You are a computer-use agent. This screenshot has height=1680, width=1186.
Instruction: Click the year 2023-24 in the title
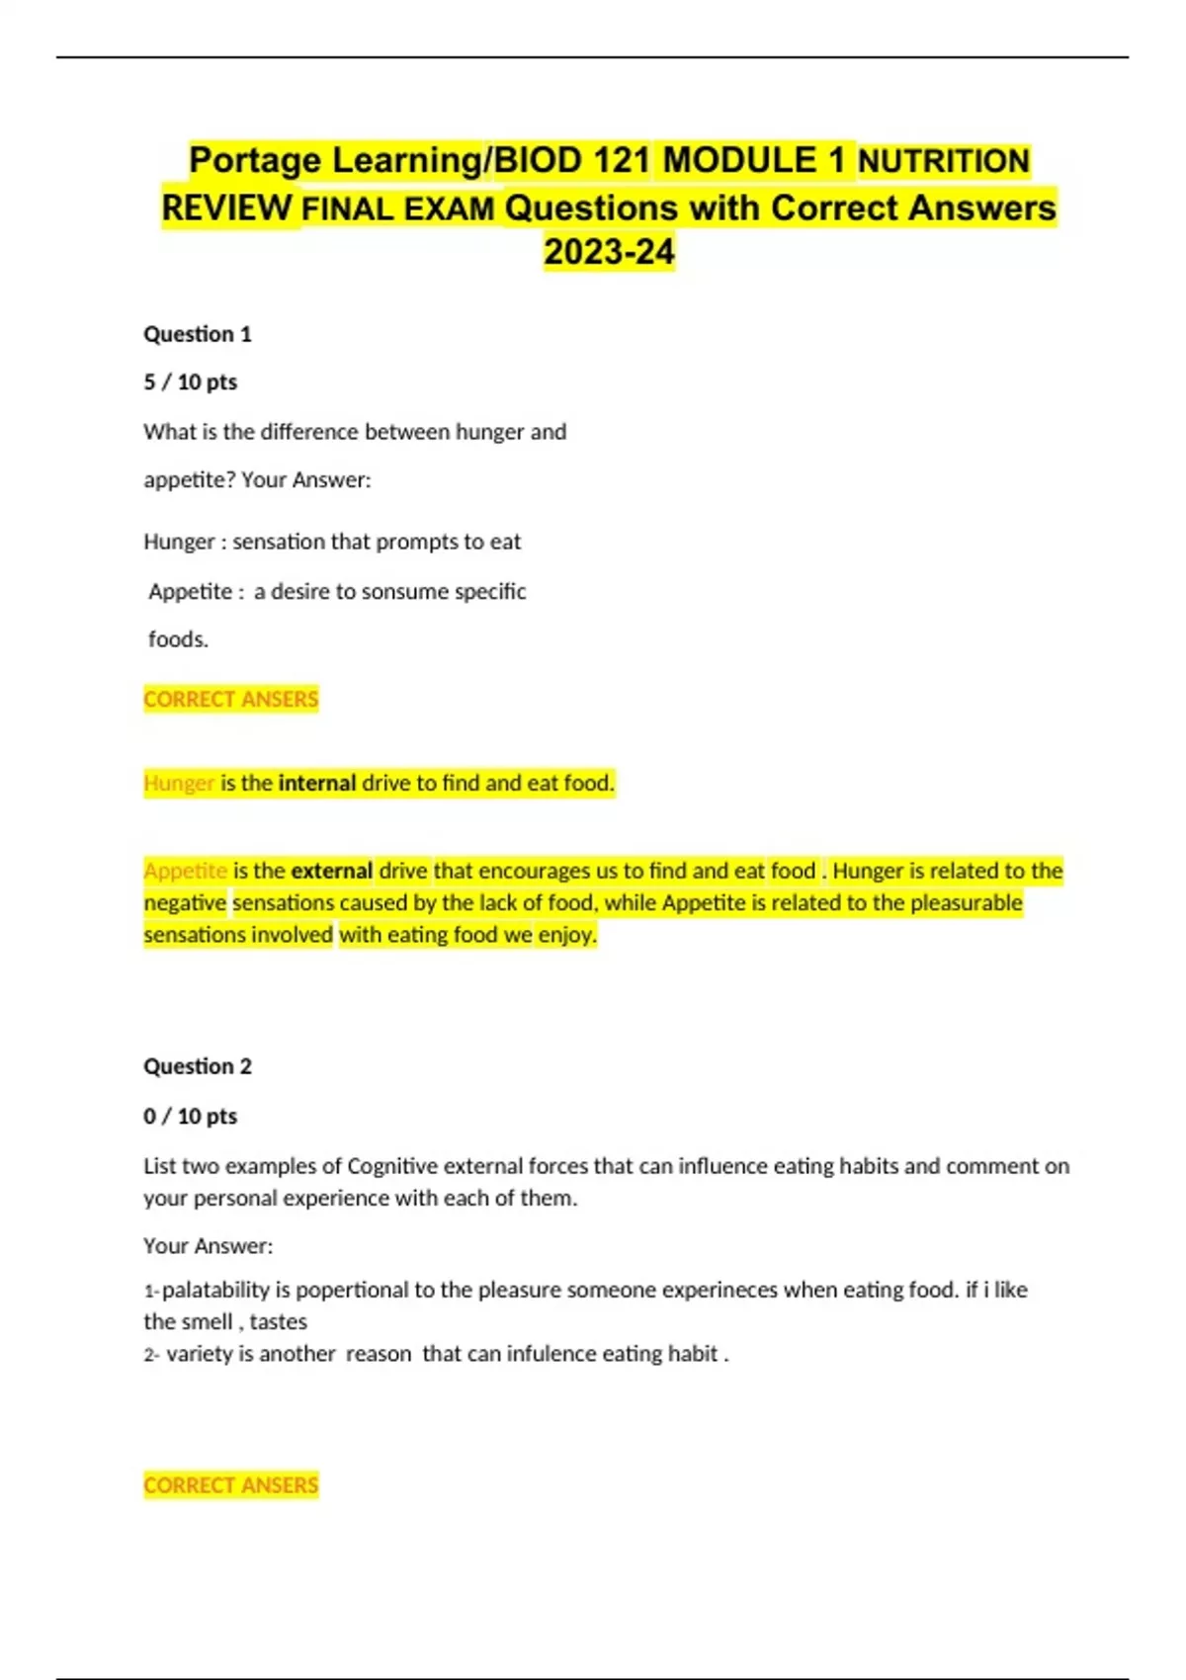[x=609, y=252]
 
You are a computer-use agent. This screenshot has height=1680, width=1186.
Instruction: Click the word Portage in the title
[x=255, y=160]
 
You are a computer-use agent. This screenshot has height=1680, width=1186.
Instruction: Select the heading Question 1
[x=198, y=334]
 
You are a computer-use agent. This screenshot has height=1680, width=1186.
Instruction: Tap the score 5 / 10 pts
[x=191, y=382]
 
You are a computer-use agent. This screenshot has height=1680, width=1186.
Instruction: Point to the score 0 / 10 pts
[x=191, y=1116]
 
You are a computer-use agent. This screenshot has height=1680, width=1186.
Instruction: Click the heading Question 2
[x=198, y=1066]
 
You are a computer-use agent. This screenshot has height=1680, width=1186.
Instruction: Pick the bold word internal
[x=317, y=784]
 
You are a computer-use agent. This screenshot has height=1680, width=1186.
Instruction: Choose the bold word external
[x=332, y=871]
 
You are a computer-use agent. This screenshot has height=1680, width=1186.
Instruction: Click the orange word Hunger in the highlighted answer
[x=179, y=784]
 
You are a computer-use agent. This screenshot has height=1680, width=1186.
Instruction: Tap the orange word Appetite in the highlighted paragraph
[x=186, y=871]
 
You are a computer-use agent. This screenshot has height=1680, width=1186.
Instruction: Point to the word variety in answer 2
[x=200, y=1354]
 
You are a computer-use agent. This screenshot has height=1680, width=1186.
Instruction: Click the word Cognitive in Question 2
[x=392, y=1166]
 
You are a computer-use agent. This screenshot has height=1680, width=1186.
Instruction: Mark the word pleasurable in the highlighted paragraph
[x=966, y=902]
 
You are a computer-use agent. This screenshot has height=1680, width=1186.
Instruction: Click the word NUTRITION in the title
[x=944, y=161]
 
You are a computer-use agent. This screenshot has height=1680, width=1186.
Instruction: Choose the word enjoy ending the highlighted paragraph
[x=567, y=935]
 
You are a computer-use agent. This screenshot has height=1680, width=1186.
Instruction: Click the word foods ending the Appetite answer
[x=178, y=639]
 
